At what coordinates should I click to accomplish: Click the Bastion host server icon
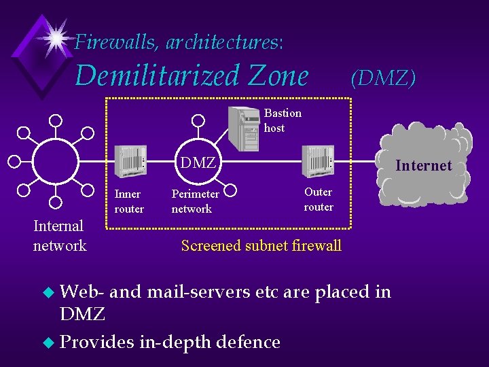click(x=244, y=128)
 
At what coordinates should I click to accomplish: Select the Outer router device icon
click(x=317, y=162)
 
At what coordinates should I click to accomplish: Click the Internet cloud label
click(x=423, y=165)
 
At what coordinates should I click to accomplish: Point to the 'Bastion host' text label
click(x=283, y=120)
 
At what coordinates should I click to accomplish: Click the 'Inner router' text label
click(x=129, y=201)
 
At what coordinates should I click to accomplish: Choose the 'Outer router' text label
click(x=319, y=199)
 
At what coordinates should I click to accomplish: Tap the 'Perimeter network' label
click(x=195, y=201)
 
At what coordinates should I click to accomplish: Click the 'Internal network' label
click(x=60, y=235)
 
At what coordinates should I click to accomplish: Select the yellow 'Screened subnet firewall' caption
click(x=261, y=245)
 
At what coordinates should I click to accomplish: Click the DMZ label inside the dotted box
click(x=197, y=162)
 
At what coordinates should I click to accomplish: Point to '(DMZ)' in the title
click(x=382, y=77)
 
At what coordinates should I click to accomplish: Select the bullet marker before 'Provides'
click(x=47, y=342)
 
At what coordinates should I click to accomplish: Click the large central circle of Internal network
click(x=56, y=162)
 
